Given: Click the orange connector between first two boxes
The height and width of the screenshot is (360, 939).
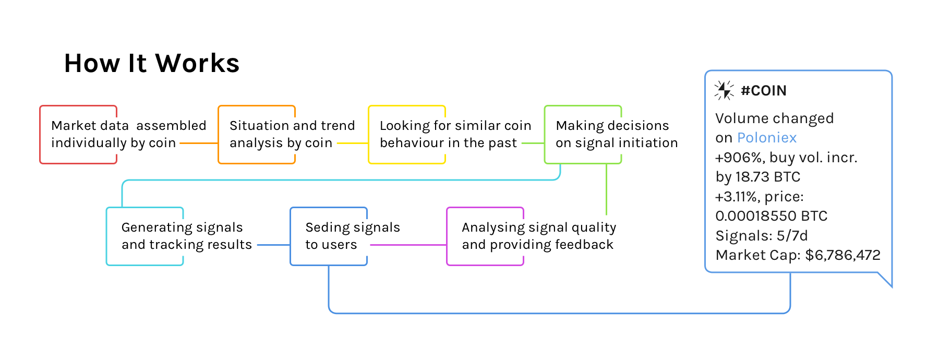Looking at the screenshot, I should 199,143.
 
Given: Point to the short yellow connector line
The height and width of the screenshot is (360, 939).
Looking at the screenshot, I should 352,143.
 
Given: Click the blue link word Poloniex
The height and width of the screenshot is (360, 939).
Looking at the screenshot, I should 767,138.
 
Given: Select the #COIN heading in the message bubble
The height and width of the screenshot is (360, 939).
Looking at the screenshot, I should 763,91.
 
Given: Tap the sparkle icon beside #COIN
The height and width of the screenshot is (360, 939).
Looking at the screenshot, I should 724,90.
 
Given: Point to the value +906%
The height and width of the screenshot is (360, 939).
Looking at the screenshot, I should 738,158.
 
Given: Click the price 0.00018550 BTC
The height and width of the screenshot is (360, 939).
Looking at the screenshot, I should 771,216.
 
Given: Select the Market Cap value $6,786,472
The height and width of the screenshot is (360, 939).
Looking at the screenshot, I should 842,255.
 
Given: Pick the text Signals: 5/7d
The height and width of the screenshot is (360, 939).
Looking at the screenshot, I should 761,236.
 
